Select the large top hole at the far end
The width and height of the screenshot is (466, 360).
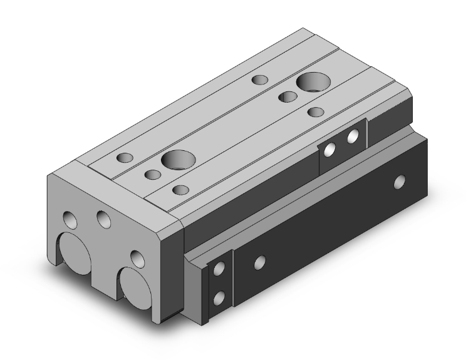click(x=310, y=81)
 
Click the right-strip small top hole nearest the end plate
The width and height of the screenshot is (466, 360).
click(x=180, y=189)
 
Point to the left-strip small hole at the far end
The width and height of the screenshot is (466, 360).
click(x=259, y=80)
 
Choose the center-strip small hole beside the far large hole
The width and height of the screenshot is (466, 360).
click(x=287, y=96)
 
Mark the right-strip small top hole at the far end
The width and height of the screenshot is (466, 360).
click(x=316, y=112)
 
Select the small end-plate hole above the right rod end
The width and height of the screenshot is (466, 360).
click(x=135, y=256)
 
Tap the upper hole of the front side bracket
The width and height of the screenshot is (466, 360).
click(x=219, y=270)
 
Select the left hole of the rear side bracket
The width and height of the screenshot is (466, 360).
click(x=330, y=148)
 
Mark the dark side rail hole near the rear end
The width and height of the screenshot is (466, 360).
click(x=399, y=182)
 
